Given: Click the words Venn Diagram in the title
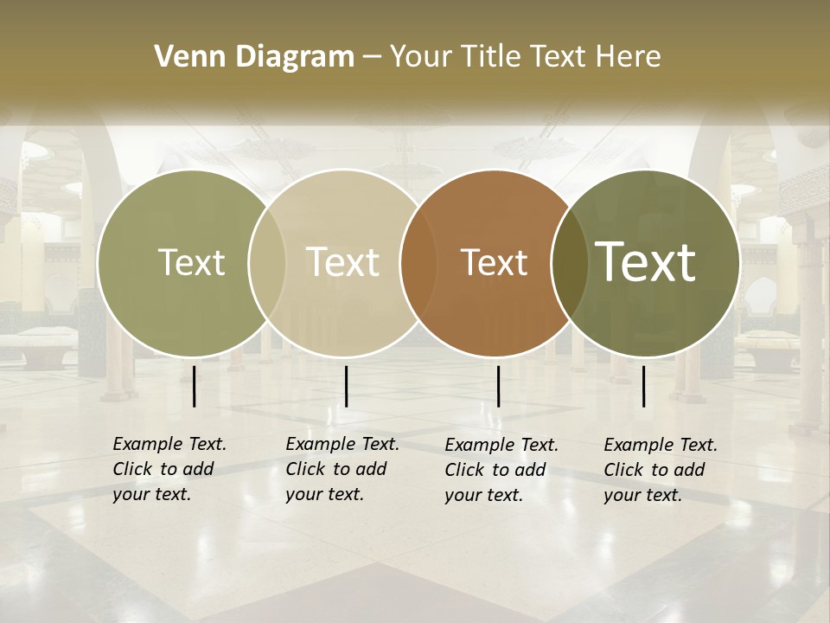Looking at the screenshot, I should pyautogui.click(x=254, y=57).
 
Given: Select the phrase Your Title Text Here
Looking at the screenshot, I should pyautogui.click(x=525, y=57).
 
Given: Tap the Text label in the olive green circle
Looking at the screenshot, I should pyautogui.click(x=191, y=262).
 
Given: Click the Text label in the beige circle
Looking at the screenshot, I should pyautogui.click(x=343, y=262).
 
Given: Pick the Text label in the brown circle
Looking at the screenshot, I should pyautogui.click(x=494, y=262).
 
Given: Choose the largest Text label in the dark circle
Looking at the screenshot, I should pyautogui.click(x=646, y=261).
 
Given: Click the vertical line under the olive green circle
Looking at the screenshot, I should pyautogui.click(x=194, y=386).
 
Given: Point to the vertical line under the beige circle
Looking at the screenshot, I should pyautogui.click(x=346, y=386).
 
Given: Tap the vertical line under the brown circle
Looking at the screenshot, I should pyautogui.click(x=498, y=386).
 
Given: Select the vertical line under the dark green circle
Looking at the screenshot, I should pyautogui.click(x=643, y=386).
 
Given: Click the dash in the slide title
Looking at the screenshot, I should pyautogui.click(x=372, y=58).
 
